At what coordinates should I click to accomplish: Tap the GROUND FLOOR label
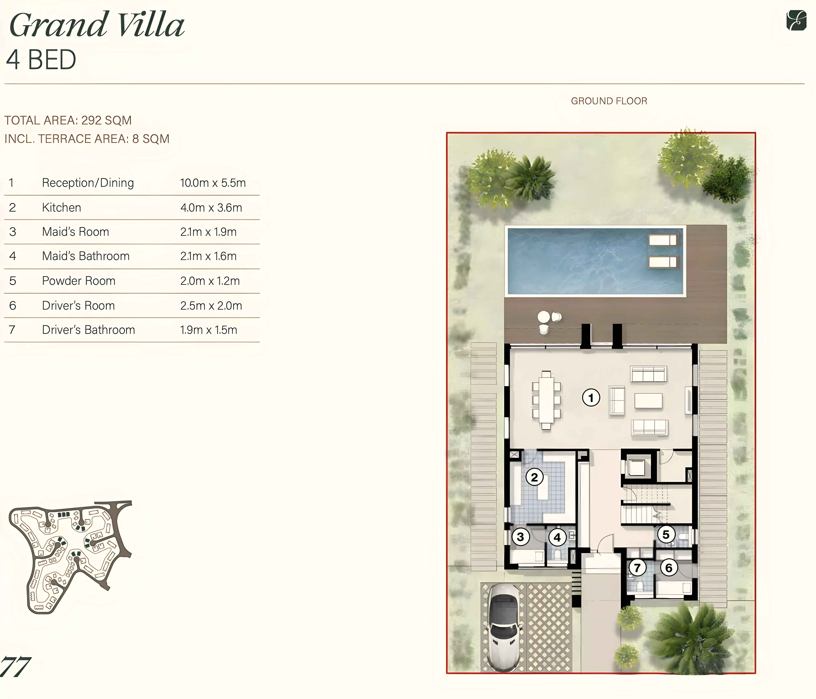click(x=609, y=101)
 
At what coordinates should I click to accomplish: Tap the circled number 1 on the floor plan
click(x=591, y=398)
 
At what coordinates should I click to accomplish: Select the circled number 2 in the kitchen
click(x=534, y=477)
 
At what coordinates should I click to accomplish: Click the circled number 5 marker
click(x=666, y=534)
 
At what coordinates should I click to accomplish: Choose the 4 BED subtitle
click(x=41, y=60)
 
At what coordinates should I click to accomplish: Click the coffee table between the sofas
click(x=648, y=401)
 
